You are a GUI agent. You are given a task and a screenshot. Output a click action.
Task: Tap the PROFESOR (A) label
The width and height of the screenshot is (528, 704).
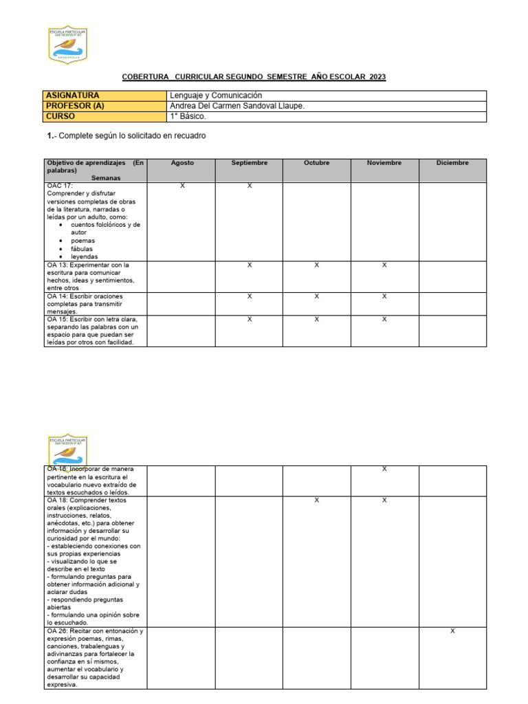(75, 106)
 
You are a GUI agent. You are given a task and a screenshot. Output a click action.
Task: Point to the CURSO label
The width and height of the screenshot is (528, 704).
(60, 116)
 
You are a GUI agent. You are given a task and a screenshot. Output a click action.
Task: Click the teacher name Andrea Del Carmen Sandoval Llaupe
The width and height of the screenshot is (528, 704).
(236, 106)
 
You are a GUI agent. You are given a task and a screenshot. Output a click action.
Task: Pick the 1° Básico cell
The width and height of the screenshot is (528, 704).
(187, 116)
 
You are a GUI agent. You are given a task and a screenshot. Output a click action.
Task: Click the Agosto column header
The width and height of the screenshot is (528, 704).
(182, 163)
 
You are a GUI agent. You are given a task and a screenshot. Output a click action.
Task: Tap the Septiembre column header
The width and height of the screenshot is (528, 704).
(250, 163)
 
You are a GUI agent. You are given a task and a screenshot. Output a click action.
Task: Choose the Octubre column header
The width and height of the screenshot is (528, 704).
(316, 163)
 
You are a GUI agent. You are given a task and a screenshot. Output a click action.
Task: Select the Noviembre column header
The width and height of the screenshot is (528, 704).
(384, 163)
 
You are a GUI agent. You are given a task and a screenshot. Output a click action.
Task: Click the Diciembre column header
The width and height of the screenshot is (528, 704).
(452, 163)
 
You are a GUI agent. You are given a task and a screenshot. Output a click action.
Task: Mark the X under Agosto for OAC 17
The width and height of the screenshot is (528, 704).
(182, 186)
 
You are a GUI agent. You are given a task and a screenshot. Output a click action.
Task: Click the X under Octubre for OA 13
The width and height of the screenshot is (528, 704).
(316, 265)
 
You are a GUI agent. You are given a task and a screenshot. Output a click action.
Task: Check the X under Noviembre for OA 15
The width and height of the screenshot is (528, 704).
(384, 319)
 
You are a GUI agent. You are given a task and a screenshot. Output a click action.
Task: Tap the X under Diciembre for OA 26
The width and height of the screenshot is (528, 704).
(452, 631)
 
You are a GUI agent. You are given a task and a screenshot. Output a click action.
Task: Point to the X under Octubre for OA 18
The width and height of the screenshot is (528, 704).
(316, 500)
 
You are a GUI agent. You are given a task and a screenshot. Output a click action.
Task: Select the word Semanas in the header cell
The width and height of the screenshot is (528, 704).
(96, 177)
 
